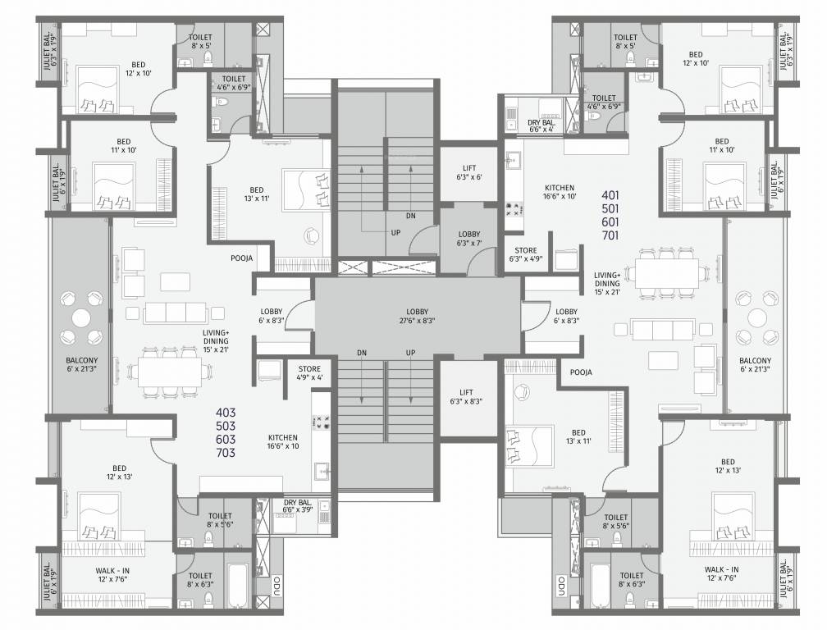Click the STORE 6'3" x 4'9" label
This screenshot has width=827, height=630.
[526, 255]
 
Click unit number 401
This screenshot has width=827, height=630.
[610, 195]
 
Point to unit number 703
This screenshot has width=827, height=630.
[226, 453]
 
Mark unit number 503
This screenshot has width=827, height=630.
[226, 426]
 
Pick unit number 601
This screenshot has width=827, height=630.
[610, 222]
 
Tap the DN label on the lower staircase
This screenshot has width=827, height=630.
[362, 353]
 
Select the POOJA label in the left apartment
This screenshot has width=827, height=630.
[241, 258]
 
